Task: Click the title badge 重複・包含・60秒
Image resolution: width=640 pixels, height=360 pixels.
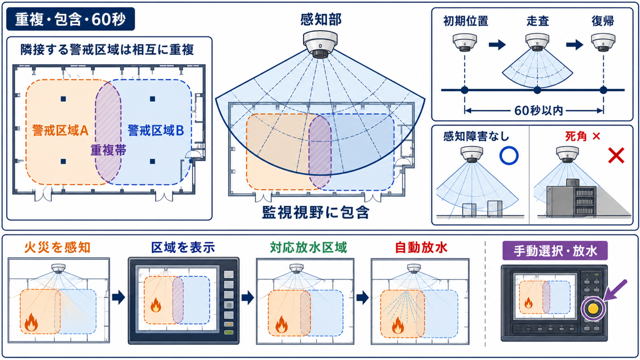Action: coord(70,19)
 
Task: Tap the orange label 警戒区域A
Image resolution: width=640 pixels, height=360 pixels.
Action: coord(60,130)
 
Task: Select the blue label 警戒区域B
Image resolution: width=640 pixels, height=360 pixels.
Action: coord(155,130)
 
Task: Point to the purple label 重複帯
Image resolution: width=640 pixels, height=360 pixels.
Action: coord(108,150)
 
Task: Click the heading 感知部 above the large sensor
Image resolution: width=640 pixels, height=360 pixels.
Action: coord(321,19)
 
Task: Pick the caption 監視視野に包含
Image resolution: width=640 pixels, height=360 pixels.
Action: coord(316,212)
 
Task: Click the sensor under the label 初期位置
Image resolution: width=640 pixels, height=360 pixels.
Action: coord(465,42)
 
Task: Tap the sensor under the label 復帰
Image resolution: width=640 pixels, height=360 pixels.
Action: coord(603,42)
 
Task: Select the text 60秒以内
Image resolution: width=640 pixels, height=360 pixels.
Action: coord(538,110)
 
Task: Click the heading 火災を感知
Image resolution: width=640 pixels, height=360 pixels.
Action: coord(57,247)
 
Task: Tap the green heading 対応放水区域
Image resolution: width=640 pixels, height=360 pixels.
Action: coord(308,247)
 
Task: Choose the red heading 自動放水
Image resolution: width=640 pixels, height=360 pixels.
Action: coord(421,247)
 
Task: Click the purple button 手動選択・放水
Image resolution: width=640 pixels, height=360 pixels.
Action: coord(555,250)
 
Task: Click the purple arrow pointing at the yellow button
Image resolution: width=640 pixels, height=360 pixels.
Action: coord(615,290)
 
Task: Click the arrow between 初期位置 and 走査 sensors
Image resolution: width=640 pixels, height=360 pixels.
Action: coord(497,44)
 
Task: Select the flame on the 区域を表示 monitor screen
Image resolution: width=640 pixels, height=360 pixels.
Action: coord(155,305)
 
